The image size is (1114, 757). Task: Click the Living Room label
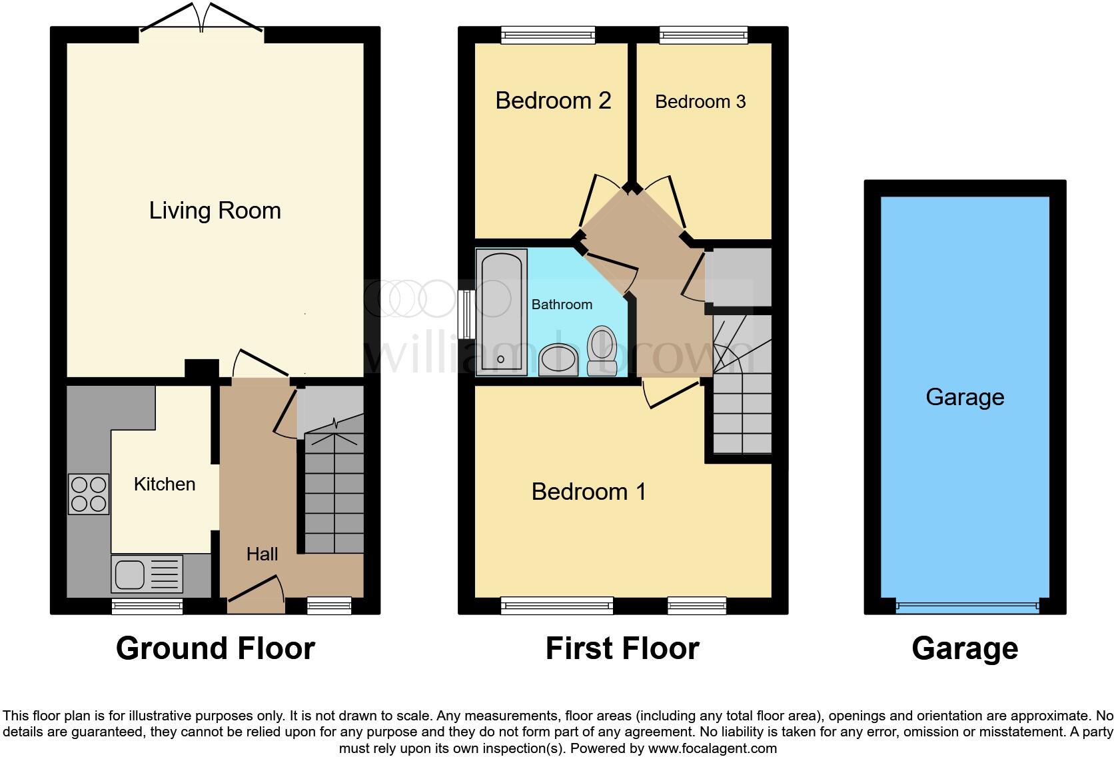215,211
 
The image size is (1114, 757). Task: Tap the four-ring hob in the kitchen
89,494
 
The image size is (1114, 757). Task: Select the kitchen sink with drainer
147,574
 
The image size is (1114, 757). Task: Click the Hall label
262,554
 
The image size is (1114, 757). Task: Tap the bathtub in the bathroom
501,312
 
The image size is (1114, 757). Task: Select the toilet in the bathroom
602,350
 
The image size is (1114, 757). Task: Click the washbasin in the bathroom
558,361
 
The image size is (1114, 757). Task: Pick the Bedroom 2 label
553,101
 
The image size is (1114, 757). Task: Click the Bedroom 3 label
700,102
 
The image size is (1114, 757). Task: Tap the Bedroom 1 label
588,492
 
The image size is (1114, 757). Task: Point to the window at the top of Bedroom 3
704,35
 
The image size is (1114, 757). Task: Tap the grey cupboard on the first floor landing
737,276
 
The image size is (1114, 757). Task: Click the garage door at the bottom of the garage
966,606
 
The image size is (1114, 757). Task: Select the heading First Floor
622,648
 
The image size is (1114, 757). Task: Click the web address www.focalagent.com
712,748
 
